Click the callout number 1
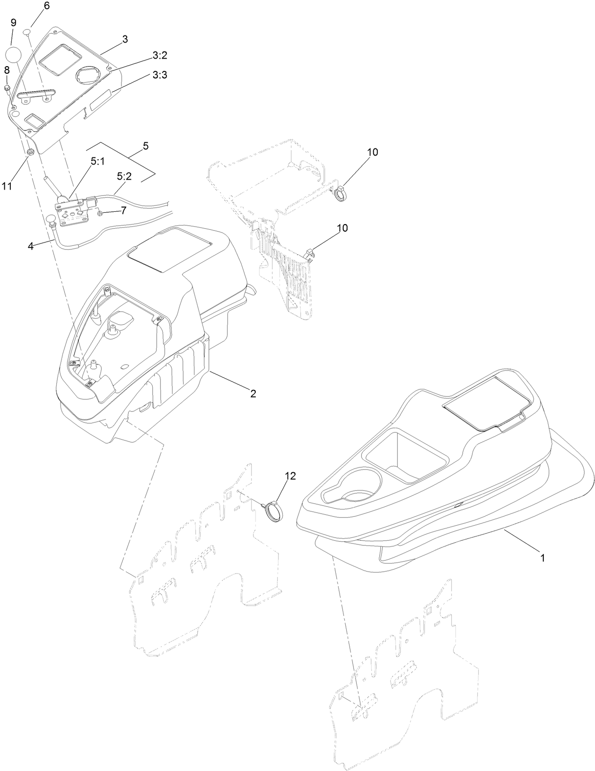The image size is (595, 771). [x=542, y=558]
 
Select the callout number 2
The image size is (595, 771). [x=253, y=393]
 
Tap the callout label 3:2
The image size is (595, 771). [x=160, y=55]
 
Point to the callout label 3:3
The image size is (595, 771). [x=160, y=75]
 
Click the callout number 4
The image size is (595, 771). [x=30, y=246]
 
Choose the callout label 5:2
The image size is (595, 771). [x=124, y=176]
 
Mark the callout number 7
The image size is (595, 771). [x=123, y=211]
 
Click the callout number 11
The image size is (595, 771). [x=6, y=186]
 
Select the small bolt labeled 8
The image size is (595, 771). [x=8, y=88]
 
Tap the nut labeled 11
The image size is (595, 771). [x=29, y=152]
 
